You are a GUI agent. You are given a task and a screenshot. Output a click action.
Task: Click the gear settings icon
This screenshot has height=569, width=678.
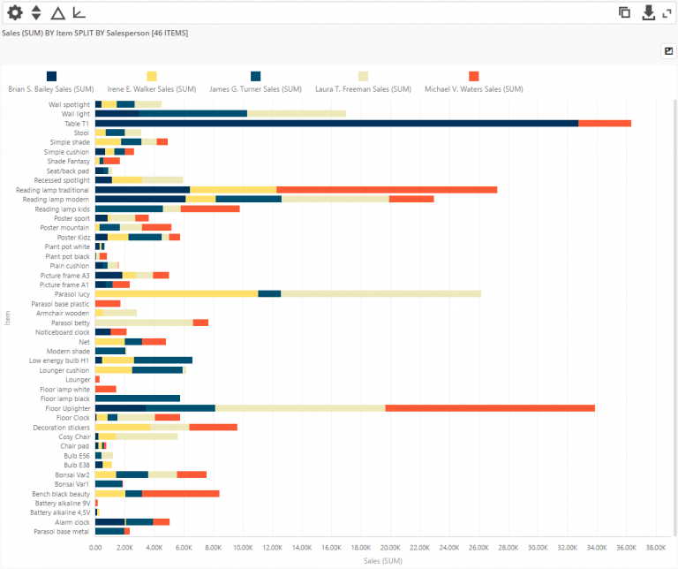point(14,12)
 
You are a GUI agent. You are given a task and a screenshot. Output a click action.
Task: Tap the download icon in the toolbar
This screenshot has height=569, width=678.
point(648,12)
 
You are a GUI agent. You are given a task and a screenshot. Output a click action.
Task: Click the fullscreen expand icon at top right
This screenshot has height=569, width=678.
point(667,12)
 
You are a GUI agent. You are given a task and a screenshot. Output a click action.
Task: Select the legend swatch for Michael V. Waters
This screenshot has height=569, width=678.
point(474,77)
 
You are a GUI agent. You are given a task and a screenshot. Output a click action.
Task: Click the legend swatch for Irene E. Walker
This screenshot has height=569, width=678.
point(152,77)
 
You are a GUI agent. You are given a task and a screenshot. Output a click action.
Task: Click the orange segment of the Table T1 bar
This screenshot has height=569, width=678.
point(605,123)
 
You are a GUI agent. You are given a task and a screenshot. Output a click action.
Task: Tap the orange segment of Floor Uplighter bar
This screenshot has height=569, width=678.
point(490,407)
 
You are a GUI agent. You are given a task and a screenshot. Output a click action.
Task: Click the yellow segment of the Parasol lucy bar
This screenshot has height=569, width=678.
point(176,293)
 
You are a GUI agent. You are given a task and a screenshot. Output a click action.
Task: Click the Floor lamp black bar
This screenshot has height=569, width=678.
point(137,398)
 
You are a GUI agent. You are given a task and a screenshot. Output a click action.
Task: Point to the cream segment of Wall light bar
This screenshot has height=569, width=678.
point(296,113)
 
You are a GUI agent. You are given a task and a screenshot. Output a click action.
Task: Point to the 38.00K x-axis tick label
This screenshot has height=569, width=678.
point(655,548)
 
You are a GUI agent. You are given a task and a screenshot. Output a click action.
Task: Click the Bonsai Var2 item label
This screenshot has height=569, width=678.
point(72,474)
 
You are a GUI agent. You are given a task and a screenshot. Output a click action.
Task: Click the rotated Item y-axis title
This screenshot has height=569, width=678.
point(7,317)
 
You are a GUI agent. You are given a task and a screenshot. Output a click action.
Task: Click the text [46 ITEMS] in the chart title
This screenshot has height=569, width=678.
point(169,33)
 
